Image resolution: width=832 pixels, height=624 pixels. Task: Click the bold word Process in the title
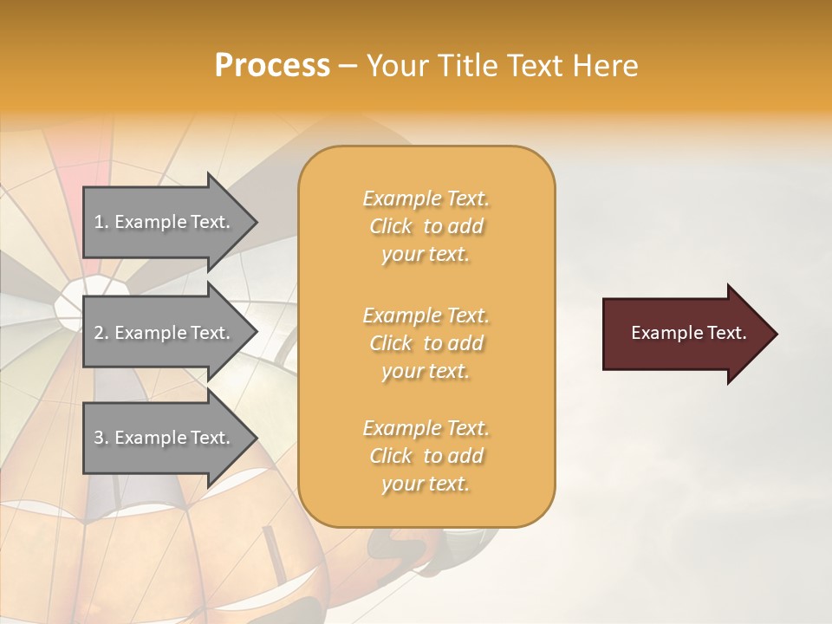(x=272, y=66)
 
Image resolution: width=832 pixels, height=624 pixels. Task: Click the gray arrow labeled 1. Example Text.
(x=165, y=222)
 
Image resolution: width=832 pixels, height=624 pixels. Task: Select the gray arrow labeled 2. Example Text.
(x=165, y=333)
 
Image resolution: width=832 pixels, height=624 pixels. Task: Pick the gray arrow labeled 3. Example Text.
(x=165, y=438)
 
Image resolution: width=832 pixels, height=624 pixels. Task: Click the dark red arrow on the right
(x=685, y=334)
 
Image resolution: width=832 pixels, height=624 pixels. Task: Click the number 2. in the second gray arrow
(x=101, y=333)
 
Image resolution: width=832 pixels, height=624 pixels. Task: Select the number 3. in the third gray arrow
(x=101, y=438)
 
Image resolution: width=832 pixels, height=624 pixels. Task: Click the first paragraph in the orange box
(x=426, y=226)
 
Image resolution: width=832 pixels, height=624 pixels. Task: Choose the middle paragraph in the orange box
(x=426, y=343)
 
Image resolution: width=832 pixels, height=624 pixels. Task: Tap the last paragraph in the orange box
(x=426, y=456)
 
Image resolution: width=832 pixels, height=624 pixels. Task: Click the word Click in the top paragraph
(x=391, y=226)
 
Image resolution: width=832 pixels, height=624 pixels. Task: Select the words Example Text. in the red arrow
(x=688, y=333)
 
